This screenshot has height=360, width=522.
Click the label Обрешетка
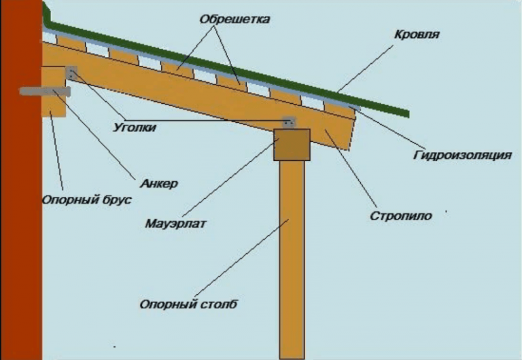coord(234,20)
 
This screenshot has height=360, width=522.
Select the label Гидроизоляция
coord(462,156)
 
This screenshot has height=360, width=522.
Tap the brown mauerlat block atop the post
coord(292,144)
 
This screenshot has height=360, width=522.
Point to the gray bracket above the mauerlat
coord(289,122)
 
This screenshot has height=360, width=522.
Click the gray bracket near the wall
coord(71,71)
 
